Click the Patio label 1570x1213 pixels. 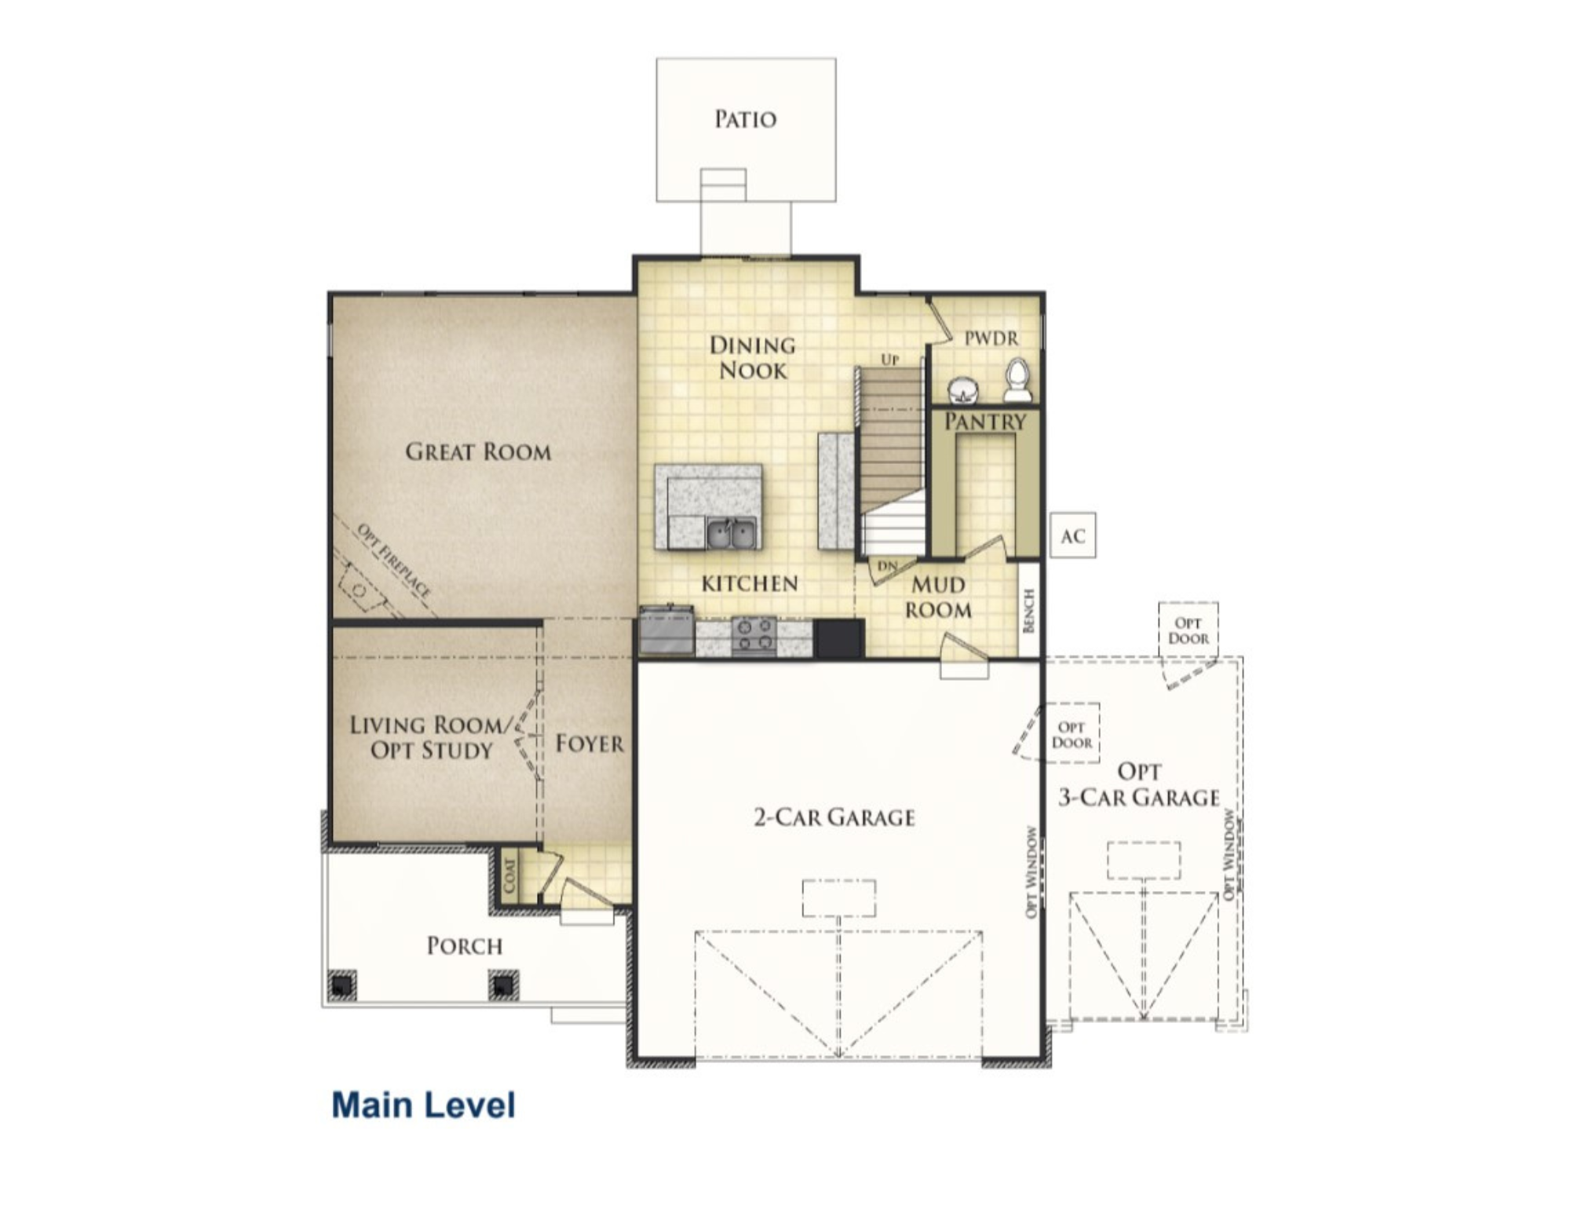tap(745, 119)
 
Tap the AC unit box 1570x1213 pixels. tap(1072, 535)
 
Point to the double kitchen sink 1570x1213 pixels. tap(732, 534)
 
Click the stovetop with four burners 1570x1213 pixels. tap(754, 635)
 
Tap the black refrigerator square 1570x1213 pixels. tap(838, 638)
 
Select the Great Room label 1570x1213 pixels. tap(478, 451)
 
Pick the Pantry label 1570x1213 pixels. tap(985, 422)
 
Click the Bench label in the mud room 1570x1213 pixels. tap(1029, 610)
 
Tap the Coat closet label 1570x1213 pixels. tap(509, 875)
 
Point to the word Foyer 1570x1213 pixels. tap(590, 743)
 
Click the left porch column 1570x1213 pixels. tap(341, 985)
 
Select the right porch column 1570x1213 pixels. tap(503, 985)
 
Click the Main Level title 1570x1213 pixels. tap(423, 1105)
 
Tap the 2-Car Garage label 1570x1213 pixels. tap(834, 817)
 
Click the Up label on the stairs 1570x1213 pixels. tap(889, 360)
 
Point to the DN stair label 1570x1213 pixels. tap(887, 566)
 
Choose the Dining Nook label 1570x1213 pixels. tap(752, 357)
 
